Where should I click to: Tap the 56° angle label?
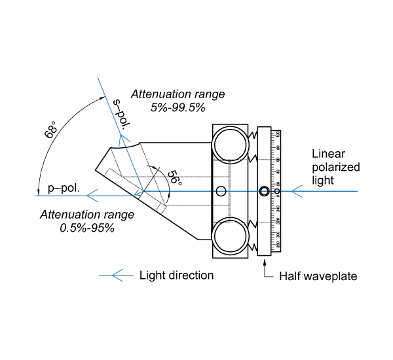pyautogui.click(x=172, y=177)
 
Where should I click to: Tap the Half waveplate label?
pyautogui.click(x=318, y=276)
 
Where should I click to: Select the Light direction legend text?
pyautogui.click(x=177, y=275)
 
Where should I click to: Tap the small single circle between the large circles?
pyautogui.click(x=221, y=191)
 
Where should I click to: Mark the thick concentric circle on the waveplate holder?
pyautogui.click(x=264, y=191)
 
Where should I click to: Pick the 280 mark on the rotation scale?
pyautogui.click(x=278, y=245)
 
